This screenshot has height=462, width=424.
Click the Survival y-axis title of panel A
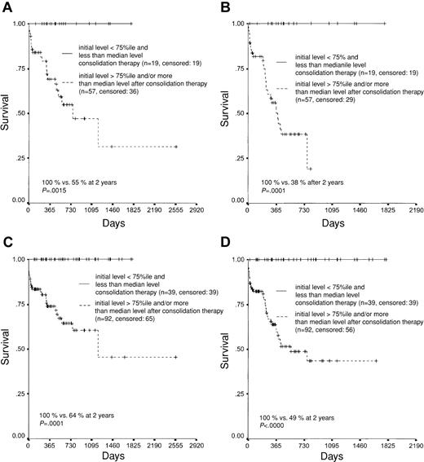coord(7,112)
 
